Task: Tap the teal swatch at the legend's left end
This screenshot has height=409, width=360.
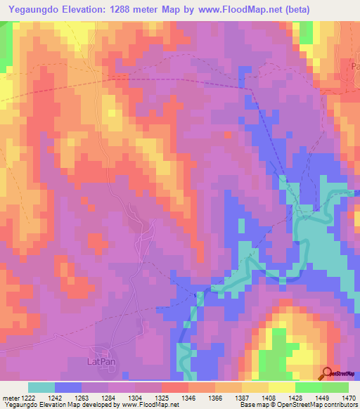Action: [41, 388]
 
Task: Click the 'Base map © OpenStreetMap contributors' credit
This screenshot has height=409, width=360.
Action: [296, 405]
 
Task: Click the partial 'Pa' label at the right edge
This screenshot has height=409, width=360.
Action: [354, 65]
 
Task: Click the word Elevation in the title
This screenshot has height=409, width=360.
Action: [87, 8]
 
